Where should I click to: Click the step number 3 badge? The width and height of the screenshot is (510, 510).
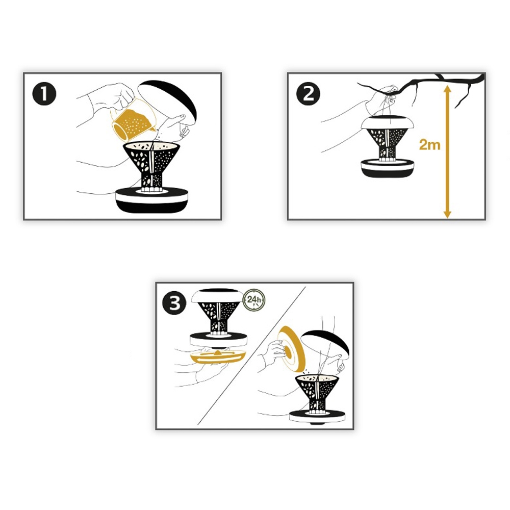click(174, 303)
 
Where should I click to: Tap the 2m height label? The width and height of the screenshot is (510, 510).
click(429, 144)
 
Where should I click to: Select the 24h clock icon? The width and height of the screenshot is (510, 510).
click(254, 300)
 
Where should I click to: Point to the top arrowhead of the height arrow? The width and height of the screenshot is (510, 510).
click(447, 89)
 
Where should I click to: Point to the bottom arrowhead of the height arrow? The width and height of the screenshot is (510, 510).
click(447, 214)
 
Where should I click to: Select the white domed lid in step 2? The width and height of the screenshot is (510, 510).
click(388, 122)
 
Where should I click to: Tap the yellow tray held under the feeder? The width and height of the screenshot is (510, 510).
click(218, 356)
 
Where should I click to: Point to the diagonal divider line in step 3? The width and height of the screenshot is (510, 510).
click(251, 355)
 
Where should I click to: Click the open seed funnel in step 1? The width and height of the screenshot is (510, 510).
click(151, 166)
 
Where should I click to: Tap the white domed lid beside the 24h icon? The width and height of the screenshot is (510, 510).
click(217, 295)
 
